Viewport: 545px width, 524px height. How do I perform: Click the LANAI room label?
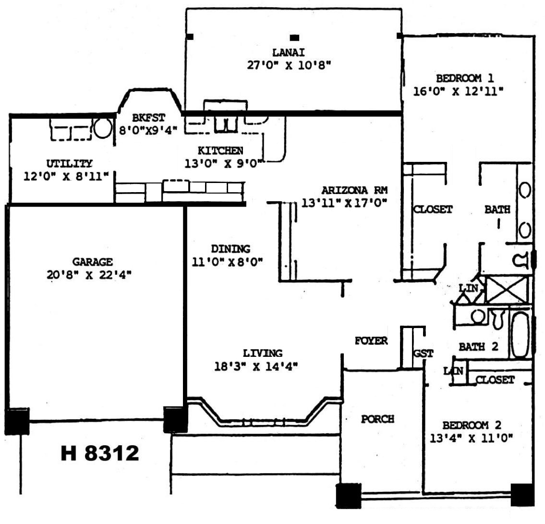[289, 52]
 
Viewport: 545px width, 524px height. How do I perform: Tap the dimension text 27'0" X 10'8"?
[289, 65]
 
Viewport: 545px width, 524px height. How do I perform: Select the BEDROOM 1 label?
[465, 78]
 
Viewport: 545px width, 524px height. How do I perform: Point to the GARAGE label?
[93, 261]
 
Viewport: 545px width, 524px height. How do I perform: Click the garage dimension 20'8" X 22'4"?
[89, 275]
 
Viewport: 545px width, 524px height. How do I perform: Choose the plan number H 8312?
[100, 453]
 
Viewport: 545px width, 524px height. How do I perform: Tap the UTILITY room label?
[70, 163]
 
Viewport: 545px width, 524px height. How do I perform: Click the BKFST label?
[148, 118]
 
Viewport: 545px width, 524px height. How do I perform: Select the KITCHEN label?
[220, 150]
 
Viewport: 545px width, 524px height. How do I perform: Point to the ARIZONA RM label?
[354, 190]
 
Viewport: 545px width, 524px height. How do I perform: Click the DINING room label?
[230, 249]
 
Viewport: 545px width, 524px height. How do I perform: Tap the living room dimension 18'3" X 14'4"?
[256, 366]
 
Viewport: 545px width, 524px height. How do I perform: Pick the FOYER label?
[371, 341]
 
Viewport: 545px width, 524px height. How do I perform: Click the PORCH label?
[377, 419]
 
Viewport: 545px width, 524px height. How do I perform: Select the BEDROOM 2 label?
[472, 425]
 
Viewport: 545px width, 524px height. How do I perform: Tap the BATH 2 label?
[479, 347]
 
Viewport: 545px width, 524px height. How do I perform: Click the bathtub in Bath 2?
[520, 334]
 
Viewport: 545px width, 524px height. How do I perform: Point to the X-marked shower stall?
[508, 289]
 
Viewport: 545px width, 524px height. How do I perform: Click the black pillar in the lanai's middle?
[294, 37]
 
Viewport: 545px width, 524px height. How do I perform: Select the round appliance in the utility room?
[103, 128]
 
